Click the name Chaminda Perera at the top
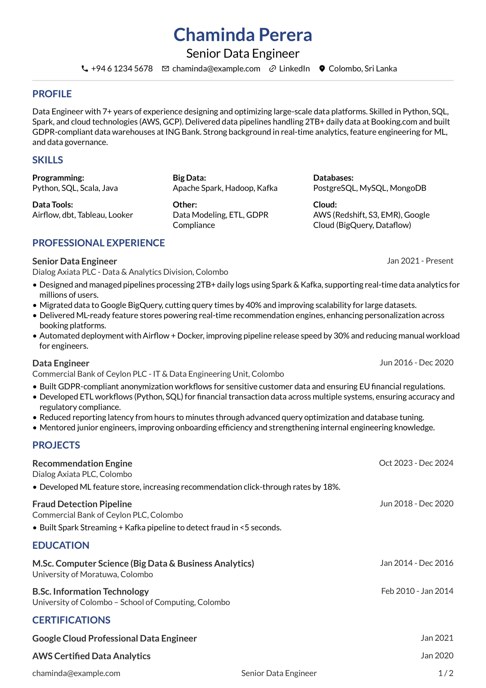(x=243, y=35)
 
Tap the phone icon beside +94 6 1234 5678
(x=85, y=69)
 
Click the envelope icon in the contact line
(x=165, y=69)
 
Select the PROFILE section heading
(x=52, y=94)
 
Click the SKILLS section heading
(x=48, y=160)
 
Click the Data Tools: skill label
(x=53, y=205)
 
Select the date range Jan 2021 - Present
(x=420, y=261)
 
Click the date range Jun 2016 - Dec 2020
(x=416, y=363)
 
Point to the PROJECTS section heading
(x=56, y=445)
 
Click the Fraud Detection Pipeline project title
(x=82, y=504)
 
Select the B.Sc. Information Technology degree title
(x=90, y=592)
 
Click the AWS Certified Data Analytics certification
(x=91, y=656)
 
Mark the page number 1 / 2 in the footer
(x=446, y=673)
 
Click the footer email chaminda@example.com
(x=76, y=673)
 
